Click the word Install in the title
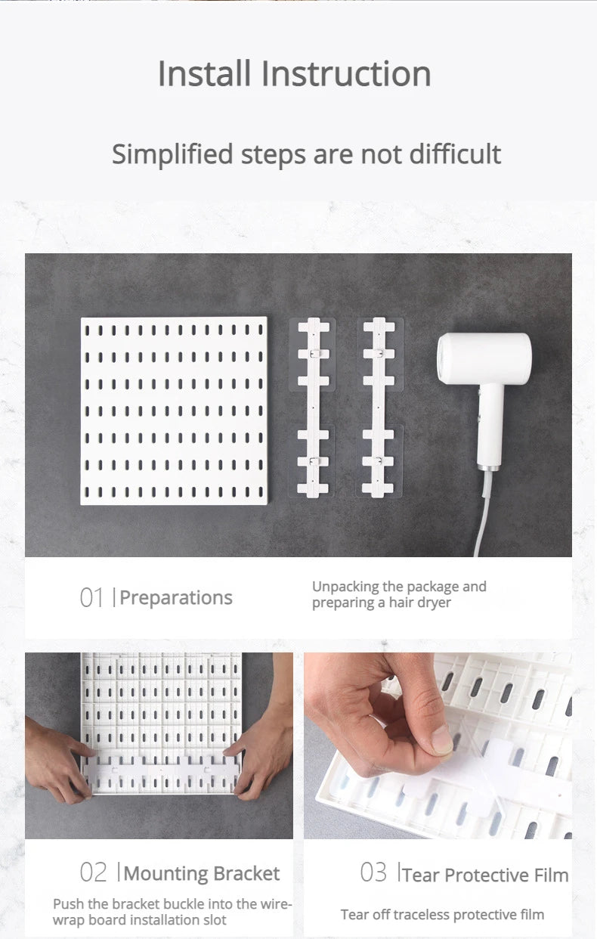tap(204, 73)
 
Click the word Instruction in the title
tap(346, 73)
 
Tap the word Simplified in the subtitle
tap(172, 155)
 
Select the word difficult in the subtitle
tap(455, 153)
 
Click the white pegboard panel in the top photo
tap(174, 411)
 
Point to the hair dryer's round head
tap(484, 358)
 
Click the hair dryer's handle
tap(490, 426)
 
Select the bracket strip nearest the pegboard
tap(313, 408)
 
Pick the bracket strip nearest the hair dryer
tap(379, 408)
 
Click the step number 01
tap(91, 597)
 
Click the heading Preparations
tap(176, 598)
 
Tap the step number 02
tap(93, 872)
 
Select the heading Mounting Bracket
tap(202, 874)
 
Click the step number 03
tap(373, 872)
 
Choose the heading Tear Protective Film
tap(485, 875)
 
